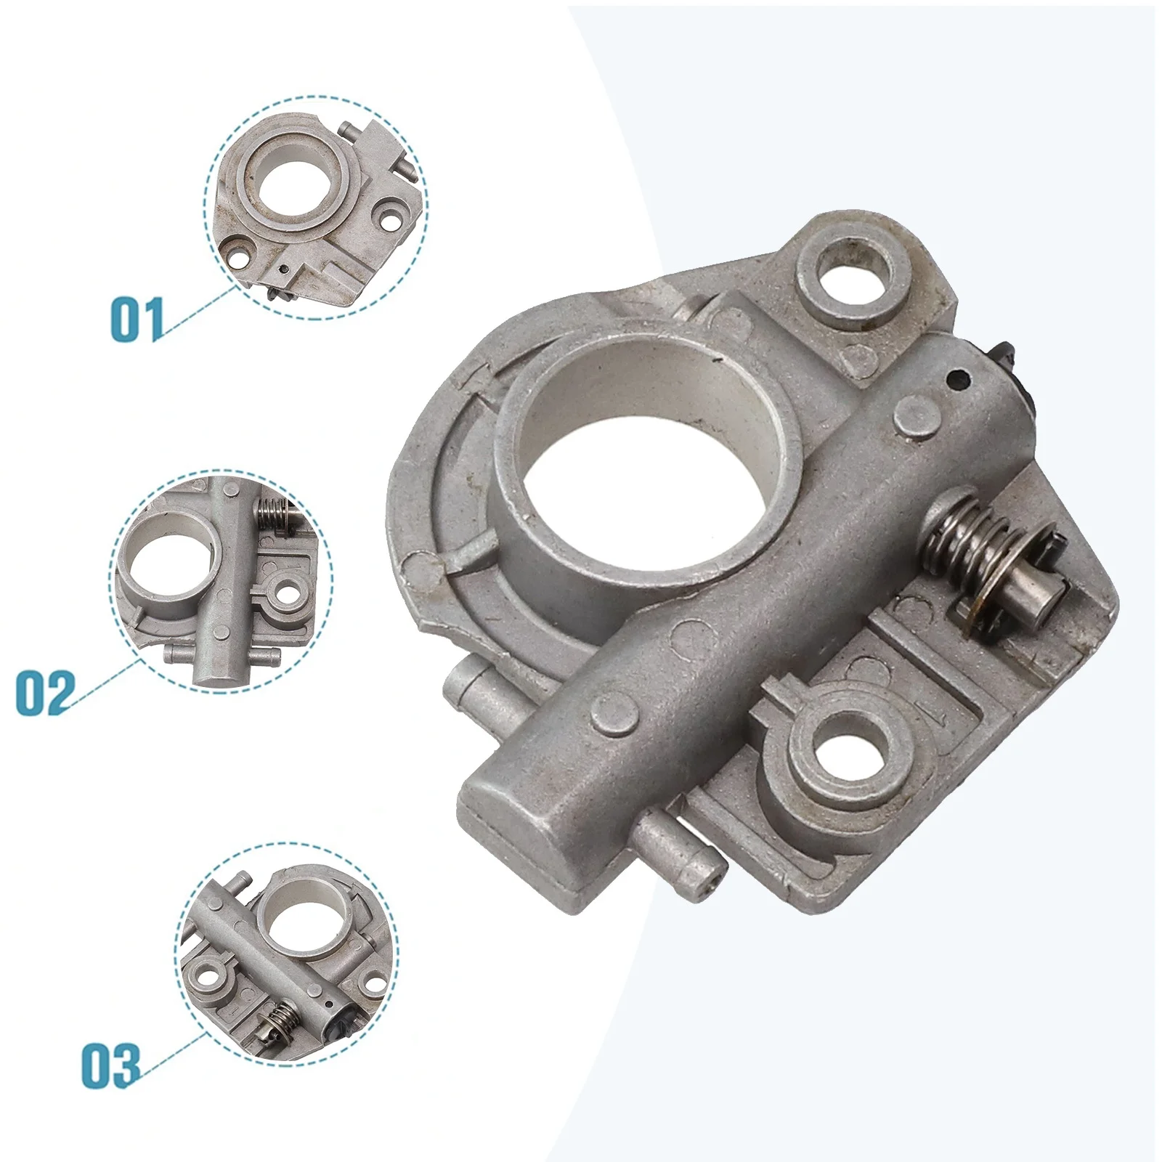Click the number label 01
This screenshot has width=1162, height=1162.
click(137, 320)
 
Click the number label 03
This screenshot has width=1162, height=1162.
click(110, 1065)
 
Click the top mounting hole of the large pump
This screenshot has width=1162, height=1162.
click(853, 273)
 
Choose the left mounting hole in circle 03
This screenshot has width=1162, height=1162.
click(214, 972)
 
